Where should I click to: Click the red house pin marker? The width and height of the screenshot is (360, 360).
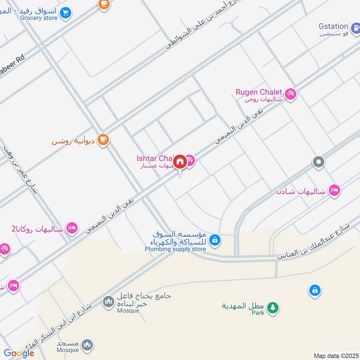(x=180, y=162)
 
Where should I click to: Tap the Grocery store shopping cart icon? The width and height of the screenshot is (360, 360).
(x=66, y=13)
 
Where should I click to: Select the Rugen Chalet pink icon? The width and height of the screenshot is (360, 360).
(x=290, y=94)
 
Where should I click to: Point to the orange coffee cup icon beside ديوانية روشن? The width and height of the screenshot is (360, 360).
(x=103, y=139)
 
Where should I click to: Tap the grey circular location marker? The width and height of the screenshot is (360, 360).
(x=319, y=162)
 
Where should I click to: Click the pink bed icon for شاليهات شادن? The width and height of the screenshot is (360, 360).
(x=334, y=190)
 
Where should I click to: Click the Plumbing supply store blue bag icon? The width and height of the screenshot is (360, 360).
(x=215, y=240)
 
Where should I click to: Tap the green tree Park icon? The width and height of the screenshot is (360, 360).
(x=272, y=308)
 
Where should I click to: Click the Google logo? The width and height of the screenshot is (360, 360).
(x=19, y=353)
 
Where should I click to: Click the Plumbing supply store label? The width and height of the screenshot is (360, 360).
(x=175, y=249)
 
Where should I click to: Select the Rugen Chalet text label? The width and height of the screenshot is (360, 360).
(x=259, y=92)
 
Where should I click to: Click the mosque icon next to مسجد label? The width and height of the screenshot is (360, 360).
(x=88, y=344)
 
